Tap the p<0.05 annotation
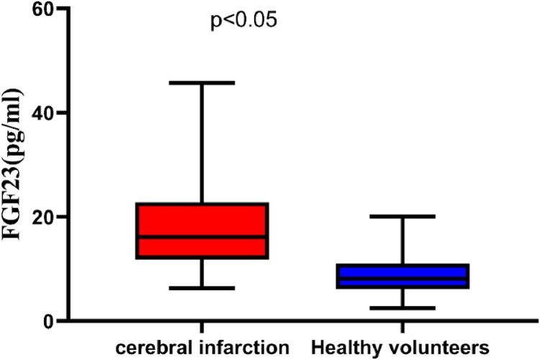[243, 21]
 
